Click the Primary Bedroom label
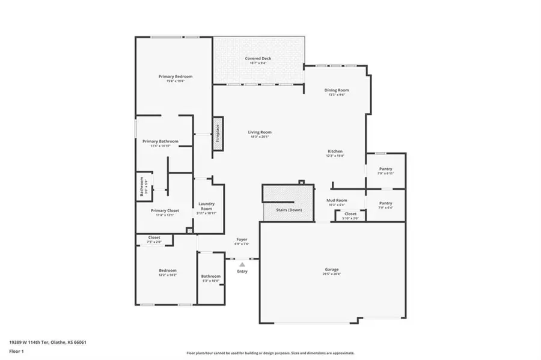pos(176,77)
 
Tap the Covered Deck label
pos(258,58)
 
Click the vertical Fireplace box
pos(218,134)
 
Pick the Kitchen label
pos(335,151)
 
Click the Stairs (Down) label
pos(289,210)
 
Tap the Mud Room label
pos(337,200)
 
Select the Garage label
pos(332,269)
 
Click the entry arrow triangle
pos(242,264)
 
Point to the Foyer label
pos(242,240)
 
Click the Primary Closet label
pos(165,210)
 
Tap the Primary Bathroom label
pos(160,141)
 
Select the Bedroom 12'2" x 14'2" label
pos(168,270)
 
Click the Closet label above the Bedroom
pos(154,238)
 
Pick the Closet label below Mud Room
pos(350,214)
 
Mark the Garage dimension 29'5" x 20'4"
pos(332,274)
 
